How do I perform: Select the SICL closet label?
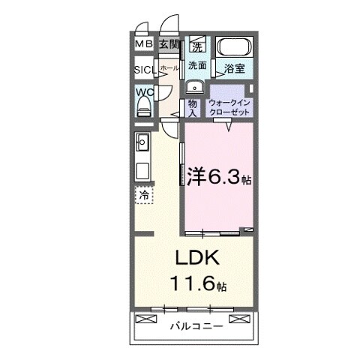[145, 70]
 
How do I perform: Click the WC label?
[144, 93]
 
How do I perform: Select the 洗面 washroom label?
[197, 65]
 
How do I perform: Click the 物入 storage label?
[193, 106]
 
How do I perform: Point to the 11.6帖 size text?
[198, 285]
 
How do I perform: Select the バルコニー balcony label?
[194, 326]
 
